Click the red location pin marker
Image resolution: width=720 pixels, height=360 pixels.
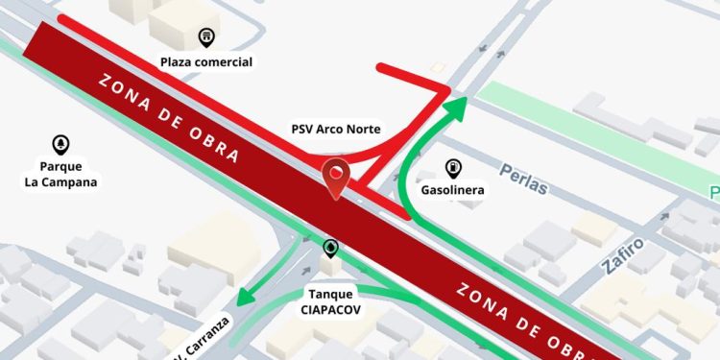click(335, 179)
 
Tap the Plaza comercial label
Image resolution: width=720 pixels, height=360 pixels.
click(206, 62)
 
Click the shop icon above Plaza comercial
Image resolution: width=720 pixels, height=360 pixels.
click(206, 38)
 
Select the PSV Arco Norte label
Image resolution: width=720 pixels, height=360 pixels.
click(336, 129)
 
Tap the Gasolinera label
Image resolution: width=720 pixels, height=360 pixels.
click(452, 190)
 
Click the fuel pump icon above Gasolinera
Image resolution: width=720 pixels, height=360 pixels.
click(452, 167)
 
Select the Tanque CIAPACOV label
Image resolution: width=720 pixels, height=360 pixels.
click(331, 301)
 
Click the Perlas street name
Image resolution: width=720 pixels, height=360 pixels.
click(523, 179)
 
